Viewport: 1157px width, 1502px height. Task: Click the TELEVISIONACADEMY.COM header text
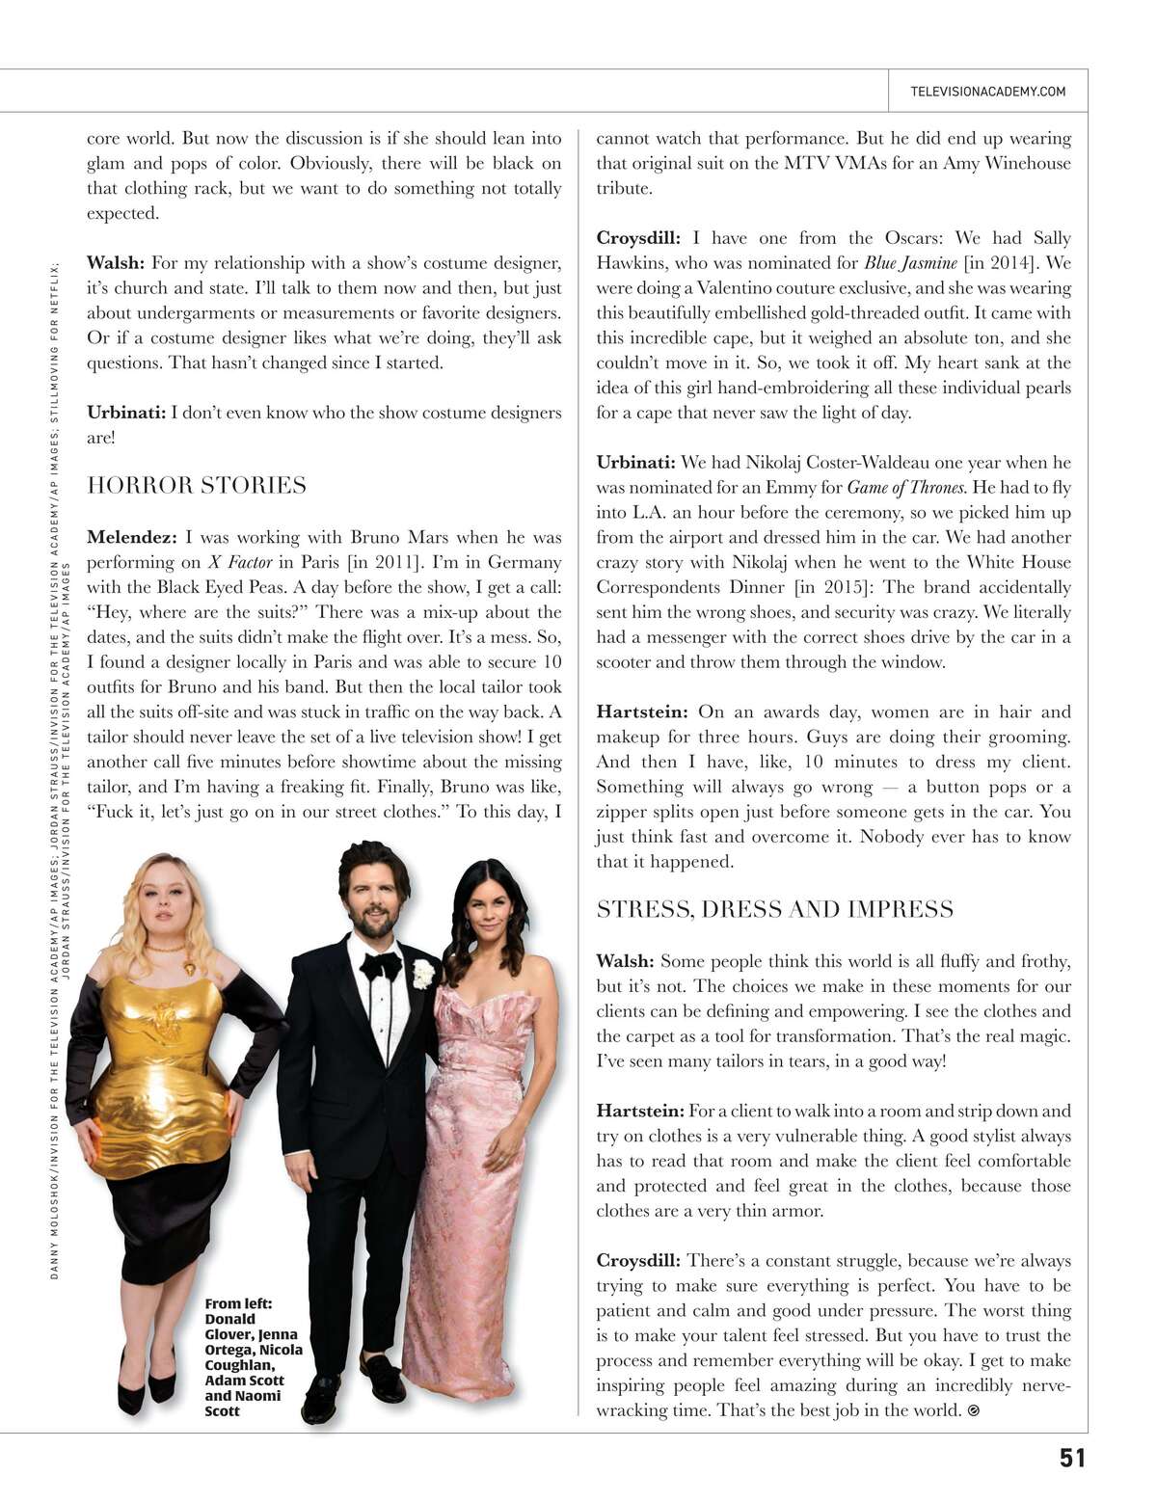point(987,92)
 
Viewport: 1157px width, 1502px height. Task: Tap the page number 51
point(1072,1458)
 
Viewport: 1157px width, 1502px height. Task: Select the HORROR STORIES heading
point(197,485)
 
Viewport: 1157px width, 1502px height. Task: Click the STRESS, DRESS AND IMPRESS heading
point(775,909)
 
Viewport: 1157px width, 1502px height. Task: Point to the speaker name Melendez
point(131,537)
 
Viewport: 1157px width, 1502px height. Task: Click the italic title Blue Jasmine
point(910,263)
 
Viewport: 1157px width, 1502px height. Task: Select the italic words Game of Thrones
point(905,488)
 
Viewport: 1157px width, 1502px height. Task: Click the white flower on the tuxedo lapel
point(423,975)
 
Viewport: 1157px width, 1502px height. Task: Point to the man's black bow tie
point(381,964)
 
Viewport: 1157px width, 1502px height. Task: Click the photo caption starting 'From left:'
point(253,1356)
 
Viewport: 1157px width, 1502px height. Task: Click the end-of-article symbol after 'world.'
point(973,1410)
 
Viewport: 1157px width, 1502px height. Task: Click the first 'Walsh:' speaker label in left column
point(116,263)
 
